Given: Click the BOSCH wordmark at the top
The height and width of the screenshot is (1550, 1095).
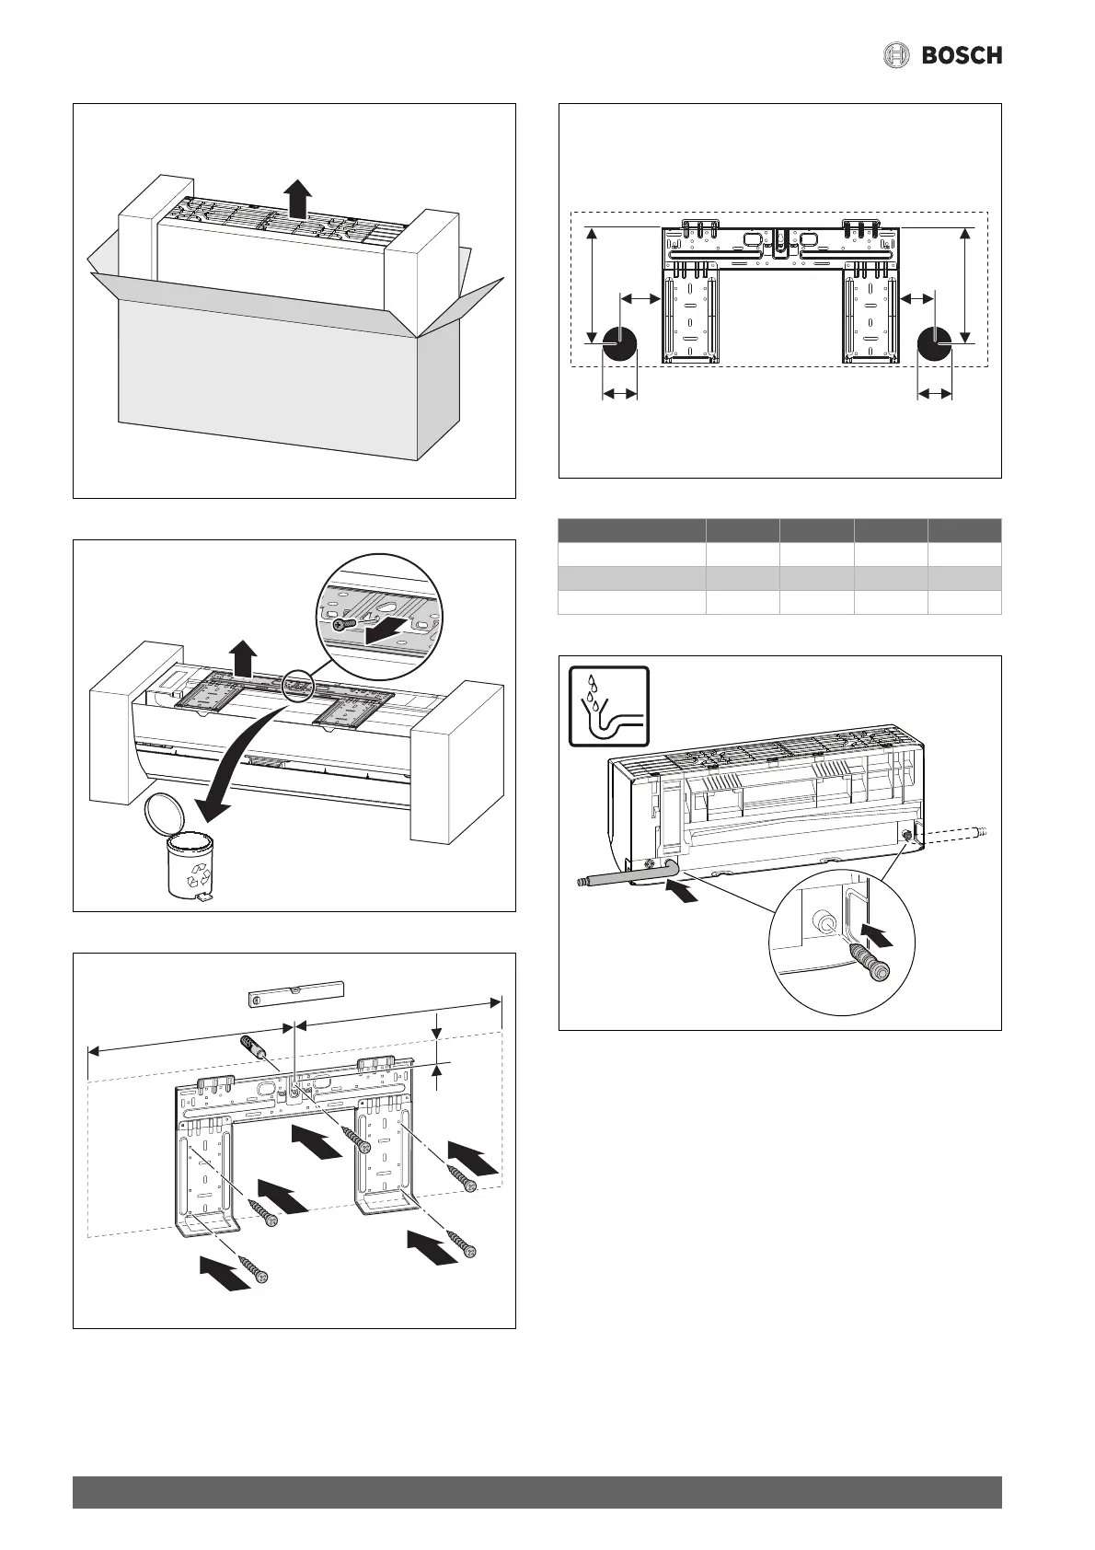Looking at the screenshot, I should click(x=962, y=56).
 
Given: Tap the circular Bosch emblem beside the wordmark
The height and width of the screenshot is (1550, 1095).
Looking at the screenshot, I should click(x=896, y=56).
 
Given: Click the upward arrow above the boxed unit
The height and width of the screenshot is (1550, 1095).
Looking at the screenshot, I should click(x=296, y=197).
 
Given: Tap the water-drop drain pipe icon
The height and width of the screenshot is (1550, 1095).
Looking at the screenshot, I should click(x=608, y=706).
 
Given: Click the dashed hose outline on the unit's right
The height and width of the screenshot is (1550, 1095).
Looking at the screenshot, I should click(x=957, y=833).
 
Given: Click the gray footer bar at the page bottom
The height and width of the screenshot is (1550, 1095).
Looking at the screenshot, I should click(x=536, y=1492).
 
